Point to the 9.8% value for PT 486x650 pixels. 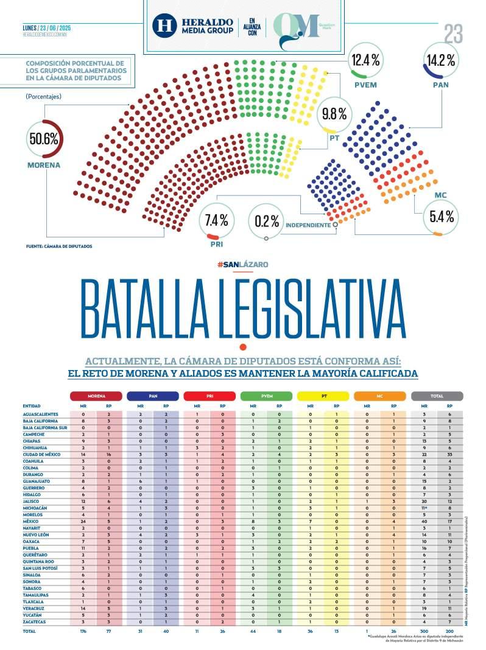pyautogui.click(x=334, y=113)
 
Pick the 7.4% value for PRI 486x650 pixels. pyautogui.click(x=216, y=220)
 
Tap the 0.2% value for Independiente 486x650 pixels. pyautogui.click(x=267, y=221)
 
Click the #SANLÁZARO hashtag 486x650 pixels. pyautogui.click(x=242, y=264)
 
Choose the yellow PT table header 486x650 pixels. pyautogui.click(x=323, y=396)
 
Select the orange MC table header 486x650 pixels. pyautogui.click(x=379, y=396)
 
